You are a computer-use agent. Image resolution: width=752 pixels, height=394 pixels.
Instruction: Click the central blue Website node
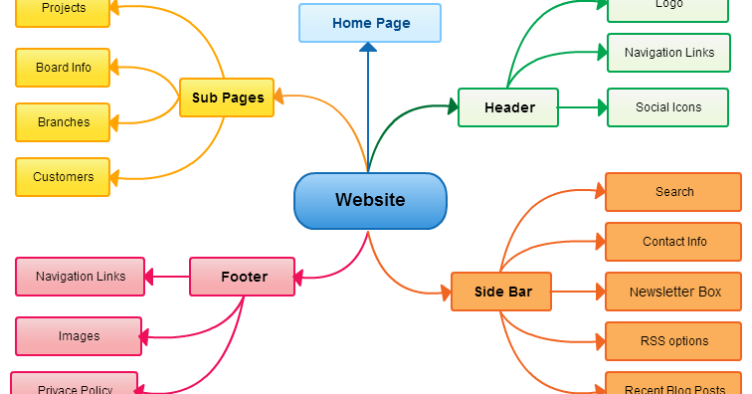click(x=370, y=200)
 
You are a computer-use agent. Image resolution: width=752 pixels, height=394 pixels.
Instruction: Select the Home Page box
click(x=370, y=23)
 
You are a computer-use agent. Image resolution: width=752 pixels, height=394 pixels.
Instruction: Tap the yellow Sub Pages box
click(x=227, y=98)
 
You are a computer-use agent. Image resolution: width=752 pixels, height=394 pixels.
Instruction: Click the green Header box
click(x=508, y=107)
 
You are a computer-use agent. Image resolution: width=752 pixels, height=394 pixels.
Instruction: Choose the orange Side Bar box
click(x=501, y=292)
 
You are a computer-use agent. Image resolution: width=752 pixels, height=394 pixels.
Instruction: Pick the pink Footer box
click(x=243, y=277)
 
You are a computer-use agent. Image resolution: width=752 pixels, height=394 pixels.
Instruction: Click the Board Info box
click(x=63, y=68)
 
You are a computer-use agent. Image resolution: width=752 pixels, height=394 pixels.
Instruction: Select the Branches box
click(x=63, y=122)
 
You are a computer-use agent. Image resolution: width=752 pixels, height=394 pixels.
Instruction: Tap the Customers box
click(x=63, y=177)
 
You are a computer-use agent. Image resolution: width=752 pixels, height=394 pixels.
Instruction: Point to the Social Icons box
click(x=668, y=107)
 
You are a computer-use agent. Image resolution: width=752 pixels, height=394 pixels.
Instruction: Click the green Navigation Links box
click(x=668, y=53)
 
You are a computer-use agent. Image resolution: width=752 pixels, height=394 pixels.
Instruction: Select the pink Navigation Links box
click(x=80, y=277)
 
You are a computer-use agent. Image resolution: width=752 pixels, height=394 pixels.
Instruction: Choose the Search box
click(x=673, y=192)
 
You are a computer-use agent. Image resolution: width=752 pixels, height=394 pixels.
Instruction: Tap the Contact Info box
click(x=673, y=242)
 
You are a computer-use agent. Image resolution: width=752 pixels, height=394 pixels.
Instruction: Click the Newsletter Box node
click(x=673, y=292)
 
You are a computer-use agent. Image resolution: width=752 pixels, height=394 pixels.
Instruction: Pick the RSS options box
click(x=673, y=341)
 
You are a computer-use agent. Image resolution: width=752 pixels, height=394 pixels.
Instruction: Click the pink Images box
click(x=79, y=336)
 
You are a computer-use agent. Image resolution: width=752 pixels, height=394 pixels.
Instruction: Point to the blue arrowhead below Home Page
click(x=368, y=47)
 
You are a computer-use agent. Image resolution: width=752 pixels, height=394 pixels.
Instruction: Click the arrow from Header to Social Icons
click(x=582, y=107)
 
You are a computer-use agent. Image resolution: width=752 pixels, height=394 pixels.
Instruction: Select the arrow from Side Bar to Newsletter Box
click(x=577, y=292)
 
